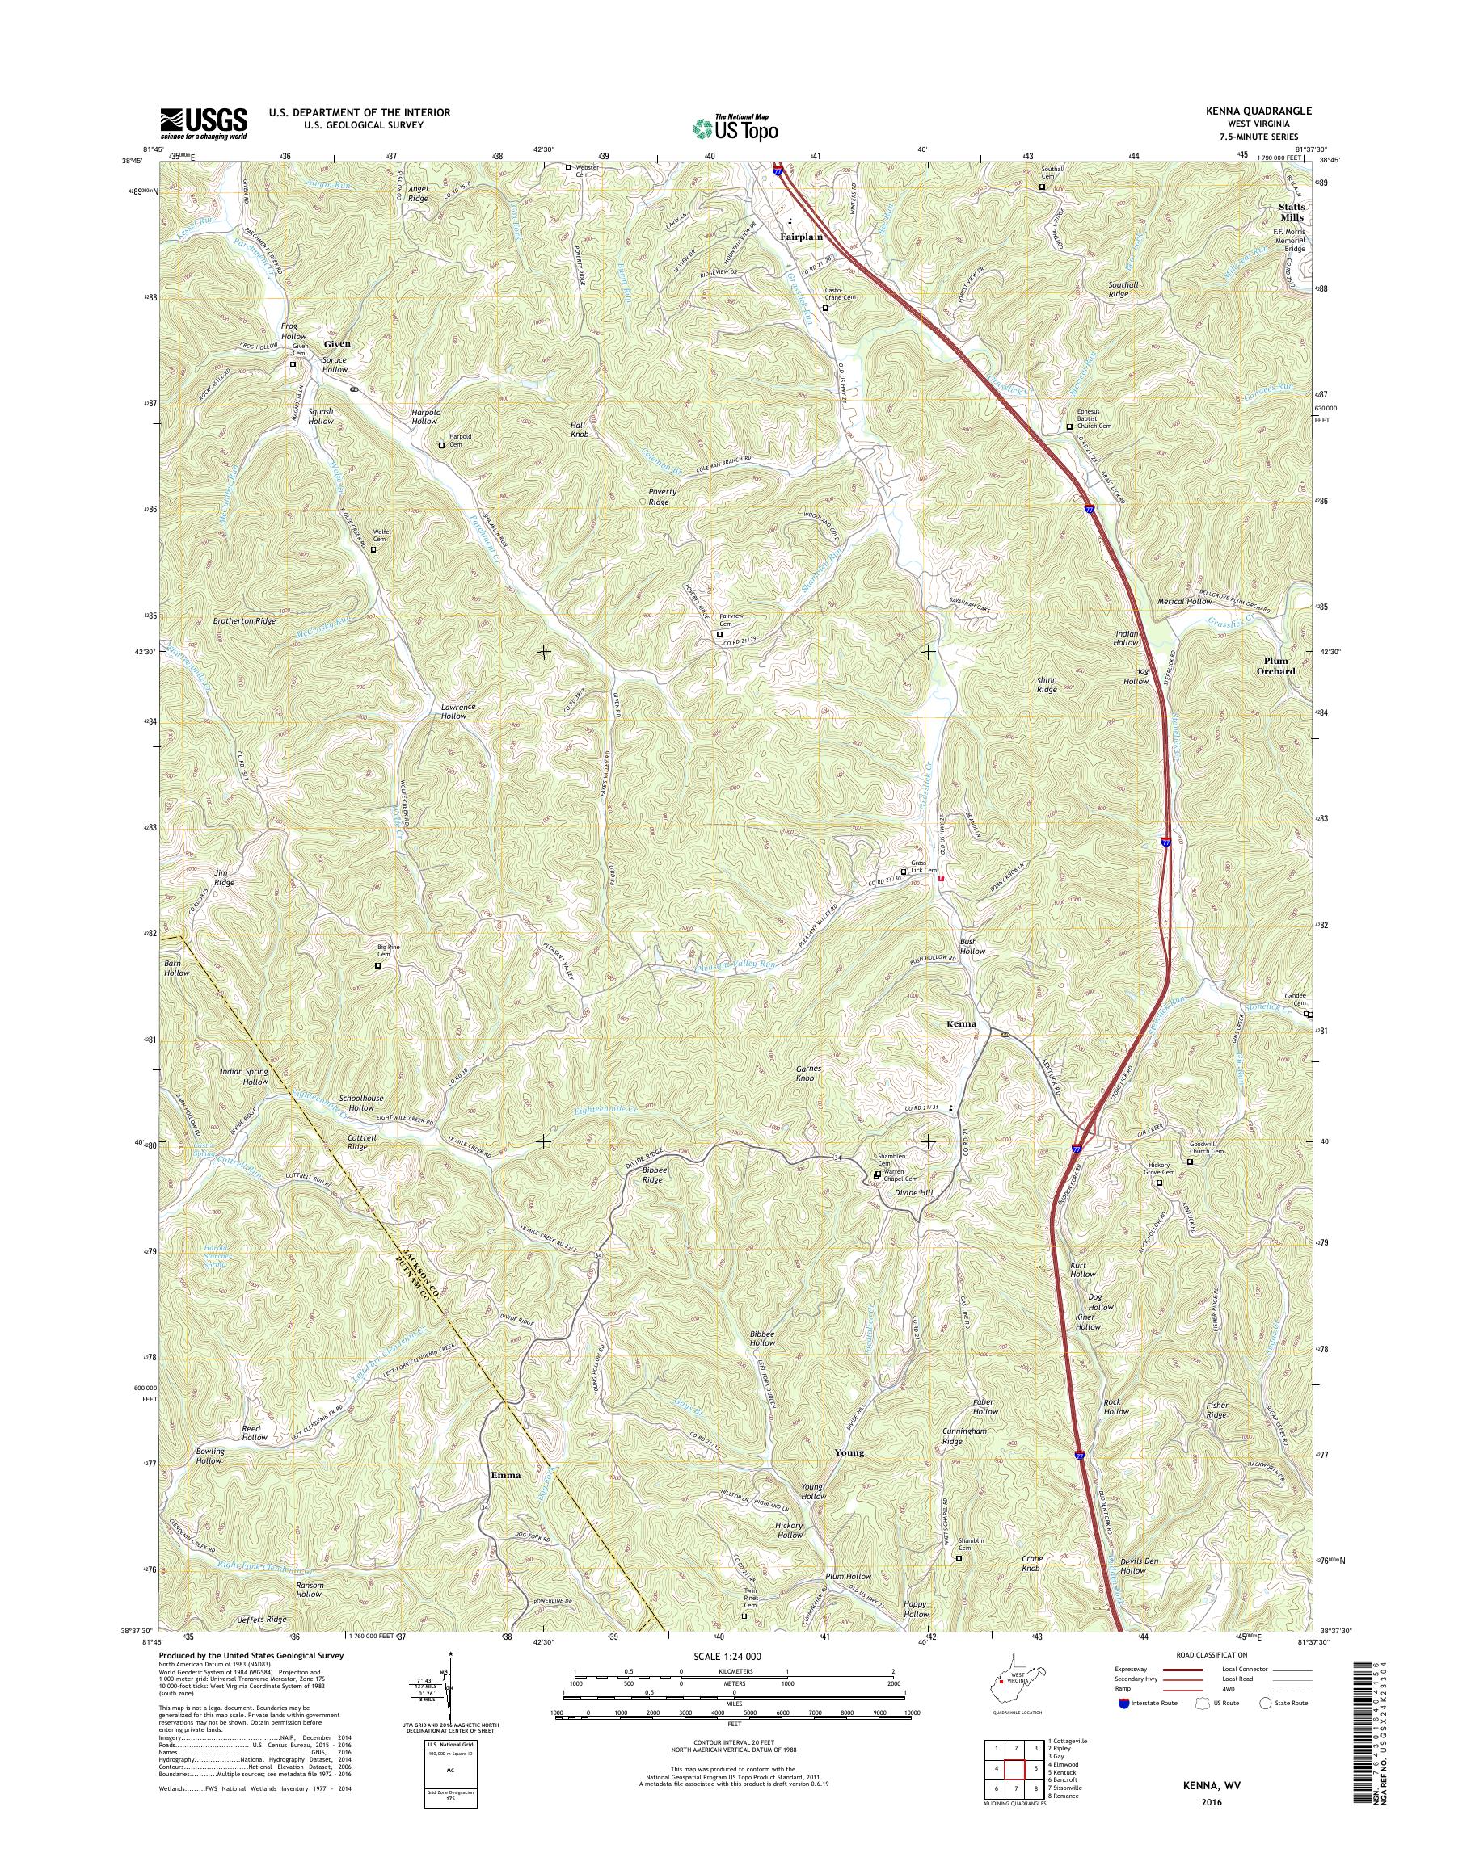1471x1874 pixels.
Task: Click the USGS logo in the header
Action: click(203, 123)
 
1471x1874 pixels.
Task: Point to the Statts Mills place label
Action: click(1290, 212)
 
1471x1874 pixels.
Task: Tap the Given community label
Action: click(337, 343)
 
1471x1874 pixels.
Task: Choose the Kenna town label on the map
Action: click(961, 1023)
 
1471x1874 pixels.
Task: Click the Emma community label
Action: click(505, 1475)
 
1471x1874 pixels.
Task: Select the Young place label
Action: click(849, 1452)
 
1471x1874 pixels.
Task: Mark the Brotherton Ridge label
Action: click(245, 620)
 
